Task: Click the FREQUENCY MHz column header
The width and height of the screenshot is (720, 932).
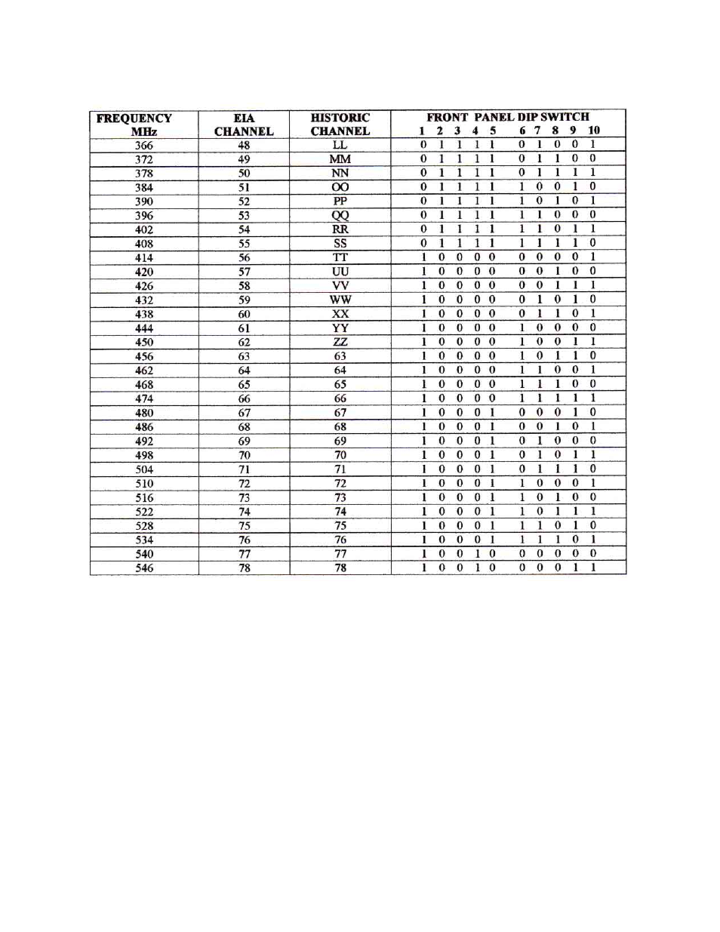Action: point(134,125)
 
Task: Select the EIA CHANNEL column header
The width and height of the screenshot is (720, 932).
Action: point(244,125)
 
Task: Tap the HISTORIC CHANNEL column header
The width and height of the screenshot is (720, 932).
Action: point(340,125)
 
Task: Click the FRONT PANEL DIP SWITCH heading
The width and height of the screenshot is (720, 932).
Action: point(507,117)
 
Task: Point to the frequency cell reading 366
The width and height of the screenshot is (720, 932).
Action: point(143,145)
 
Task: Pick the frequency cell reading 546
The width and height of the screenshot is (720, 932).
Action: point(143,568)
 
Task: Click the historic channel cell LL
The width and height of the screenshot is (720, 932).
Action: point(340,145)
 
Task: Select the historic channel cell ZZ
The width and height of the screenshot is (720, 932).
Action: point(340,342)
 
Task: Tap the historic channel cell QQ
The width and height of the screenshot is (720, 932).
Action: point(340,215)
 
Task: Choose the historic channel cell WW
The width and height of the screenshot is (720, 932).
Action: point(340,300)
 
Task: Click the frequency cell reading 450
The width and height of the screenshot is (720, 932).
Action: point(143,342)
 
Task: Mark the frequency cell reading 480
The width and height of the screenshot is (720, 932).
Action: point(143,413)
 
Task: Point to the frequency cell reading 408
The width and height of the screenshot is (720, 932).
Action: point(143,244)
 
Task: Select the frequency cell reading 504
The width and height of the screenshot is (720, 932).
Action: point(143,469)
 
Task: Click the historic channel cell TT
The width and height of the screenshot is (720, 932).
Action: point(340,257)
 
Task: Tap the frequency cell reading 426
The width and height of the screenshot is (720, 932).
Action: point(143,286)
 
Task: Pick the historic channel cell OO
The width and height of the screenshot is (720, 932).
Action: point(340,187)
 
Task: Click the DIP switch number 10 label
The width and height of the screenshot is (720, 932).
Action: point(594,131)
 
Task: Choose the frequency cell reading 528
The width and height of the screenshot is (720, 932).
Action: point(143,526)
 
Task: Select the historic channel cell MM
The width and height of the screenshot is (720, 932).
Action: point(340,159)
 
